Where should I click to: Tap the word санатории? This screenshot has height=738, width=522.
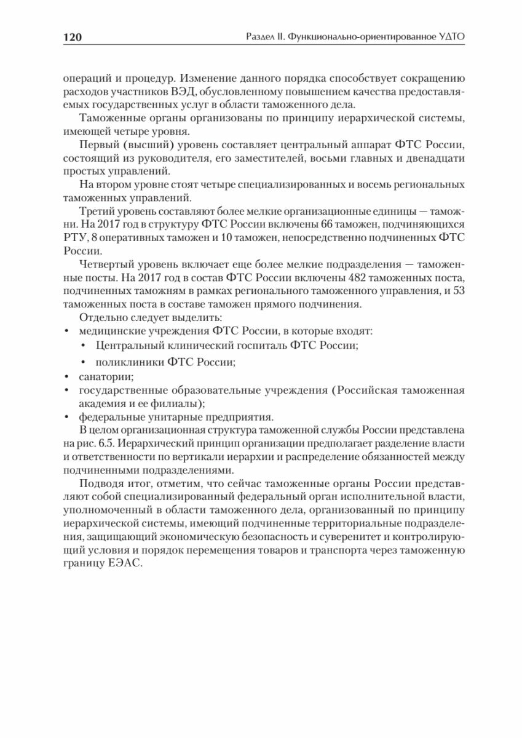(x=102, y=375)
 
